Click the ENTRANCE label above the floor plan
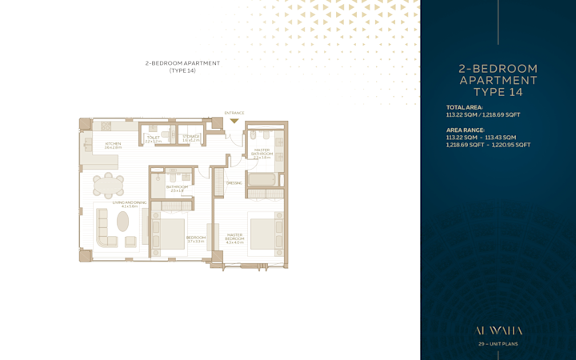(x=234, y=113)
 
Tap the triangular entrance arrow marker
(x=234, y=121)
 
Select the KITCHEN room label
(x=113, y=145)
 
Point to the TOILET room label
(x=153, y=138)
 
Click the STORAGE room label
(x=190, y=138)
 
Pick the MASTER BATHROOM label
(x=262, y=151)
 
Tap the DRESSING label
(x=234, y=182)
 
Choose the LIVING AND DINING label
(x=130, y=203)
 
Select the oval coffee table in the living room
(x=123, y=222)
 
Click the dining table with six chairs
(x=108, y=186)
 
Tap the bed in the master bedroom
(x=264, y=232)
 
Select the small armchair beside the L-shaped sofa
(x=130, y=242)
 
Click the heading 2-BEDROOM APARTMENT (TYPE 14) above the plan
(x=182, y=66)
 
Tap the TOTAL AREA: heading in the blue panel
(x=464, y=107)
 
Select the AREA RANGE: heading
(x=466, y=130)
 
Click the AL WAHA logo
(x=498, y=330)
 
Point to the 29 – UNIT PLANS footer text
(x=498, y=344)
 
